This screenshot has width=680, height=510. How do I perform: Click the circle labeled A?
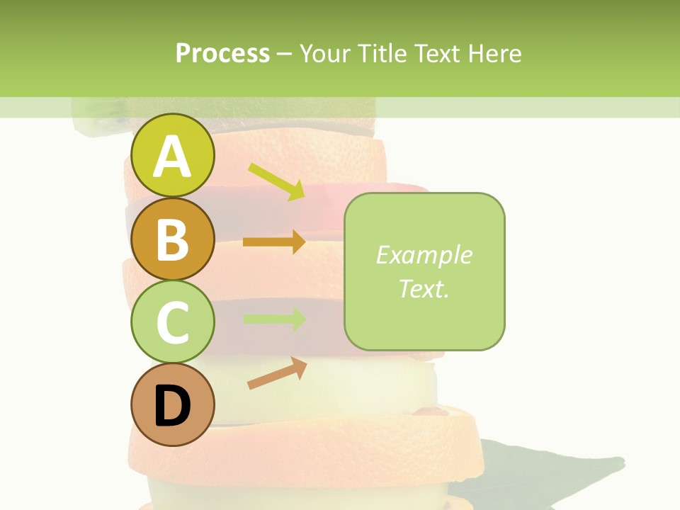(173, 155)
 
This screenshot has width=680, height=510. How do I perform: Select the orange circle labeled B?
(173, 239)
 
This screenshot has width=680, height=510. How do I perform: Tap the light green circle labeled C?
(173, 322)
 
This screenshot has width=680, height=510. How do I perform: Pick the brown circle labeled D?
(173, 405)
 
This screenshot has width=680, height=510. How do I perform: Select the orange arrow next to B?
(274, 242)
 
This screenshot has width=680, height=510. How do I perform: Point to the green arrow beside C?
(274, 319)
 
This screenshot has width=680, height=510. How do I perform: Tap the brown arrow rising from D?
(277, 373)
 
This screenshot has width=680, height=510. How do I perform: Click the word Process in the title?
(222, 53)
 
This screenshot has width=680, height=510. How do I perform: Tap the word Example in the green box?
(424, 255)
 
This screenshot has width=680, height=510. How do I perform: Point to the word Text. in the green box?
(424, 288)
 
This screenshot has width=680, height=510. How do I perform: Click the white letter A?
(173, 157)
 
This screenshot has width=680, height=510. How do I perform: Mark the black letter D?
(173, 407)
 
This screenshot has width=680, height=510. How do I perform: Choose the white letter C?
(173, 323)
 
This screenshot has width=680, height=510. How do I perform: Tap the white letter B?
(173, 239)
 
